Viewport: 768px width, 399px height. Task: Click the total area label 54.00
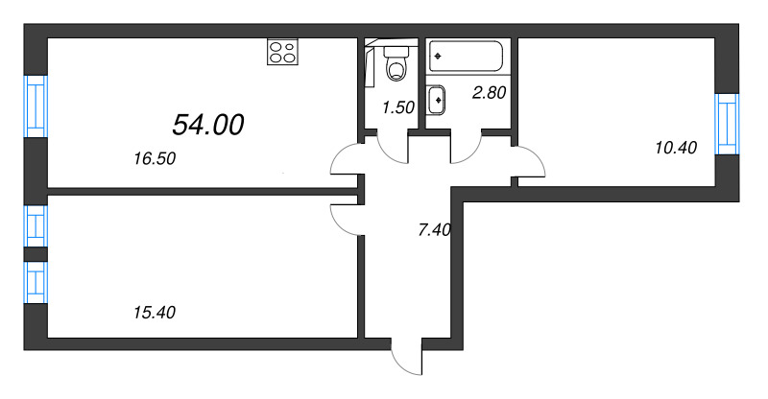208,124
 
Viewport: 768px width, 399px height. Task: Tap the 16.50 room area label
155,160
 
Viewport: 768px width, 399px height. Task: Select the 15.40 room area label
155,312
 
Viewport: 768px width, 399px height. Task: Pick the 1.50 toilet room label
397,107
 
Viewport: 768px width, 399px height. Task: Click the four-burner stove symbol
281,52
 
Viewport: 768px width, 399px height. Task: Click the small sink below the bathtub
437,98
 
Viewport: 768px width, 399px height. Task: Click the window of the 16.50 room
36,106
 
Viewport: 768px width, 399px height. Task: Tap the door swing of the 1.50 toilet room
392,149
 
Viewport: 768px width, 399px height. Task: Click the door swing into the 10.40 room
529,160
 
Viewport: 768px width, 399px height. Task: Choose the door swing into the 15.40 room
345,220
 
